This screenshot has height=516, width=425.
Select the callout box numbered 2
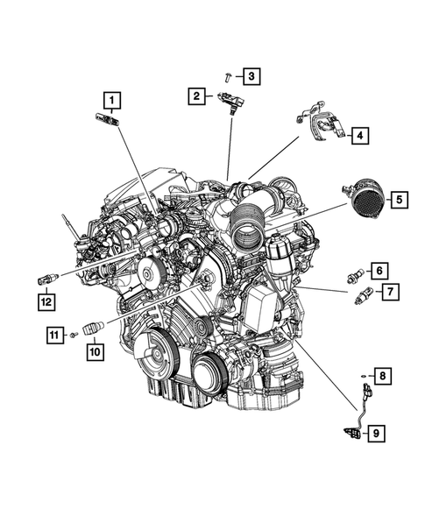click(x=197, y=95)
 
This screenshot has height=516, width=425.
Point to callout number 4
click(x=360, y=135)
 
